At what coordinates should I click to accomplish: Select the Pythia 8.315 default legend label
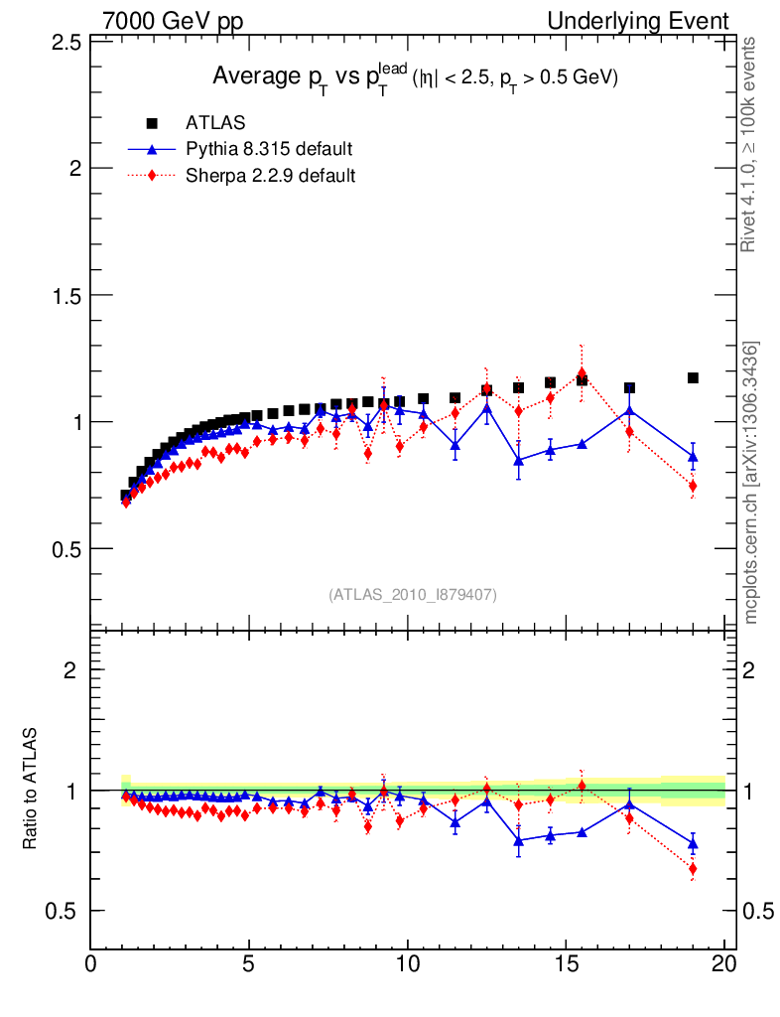(269, 150)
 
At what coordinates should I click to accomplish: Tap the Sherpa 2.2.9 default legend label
(271, 176)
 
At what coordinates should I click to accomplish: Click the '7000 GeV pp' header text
(173, 21)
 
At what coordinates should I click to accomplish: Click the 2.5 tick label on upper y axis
(66, 42)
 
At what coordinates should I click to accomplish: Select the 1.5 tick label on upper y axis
(66, 295)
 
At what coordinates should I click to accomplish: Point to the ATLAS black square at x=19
(693, 377)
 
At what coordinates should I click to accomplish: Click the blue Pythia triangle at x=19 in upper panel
(693, 457)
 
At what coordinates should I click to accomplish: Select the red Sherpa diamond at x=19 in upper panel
(693, 486)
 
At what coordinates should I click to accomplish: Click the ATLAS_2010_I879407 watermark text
(413, 594)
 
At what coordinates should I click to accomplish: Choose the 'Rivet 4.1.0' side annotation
(751, 145)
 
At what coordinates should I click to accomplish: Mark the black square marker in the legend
(152, 123)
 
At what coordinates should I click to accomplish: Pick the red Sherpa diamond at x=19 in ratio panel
(693, 869)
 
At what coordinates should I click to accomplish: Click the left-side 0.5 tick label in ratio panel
(66, 911)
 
